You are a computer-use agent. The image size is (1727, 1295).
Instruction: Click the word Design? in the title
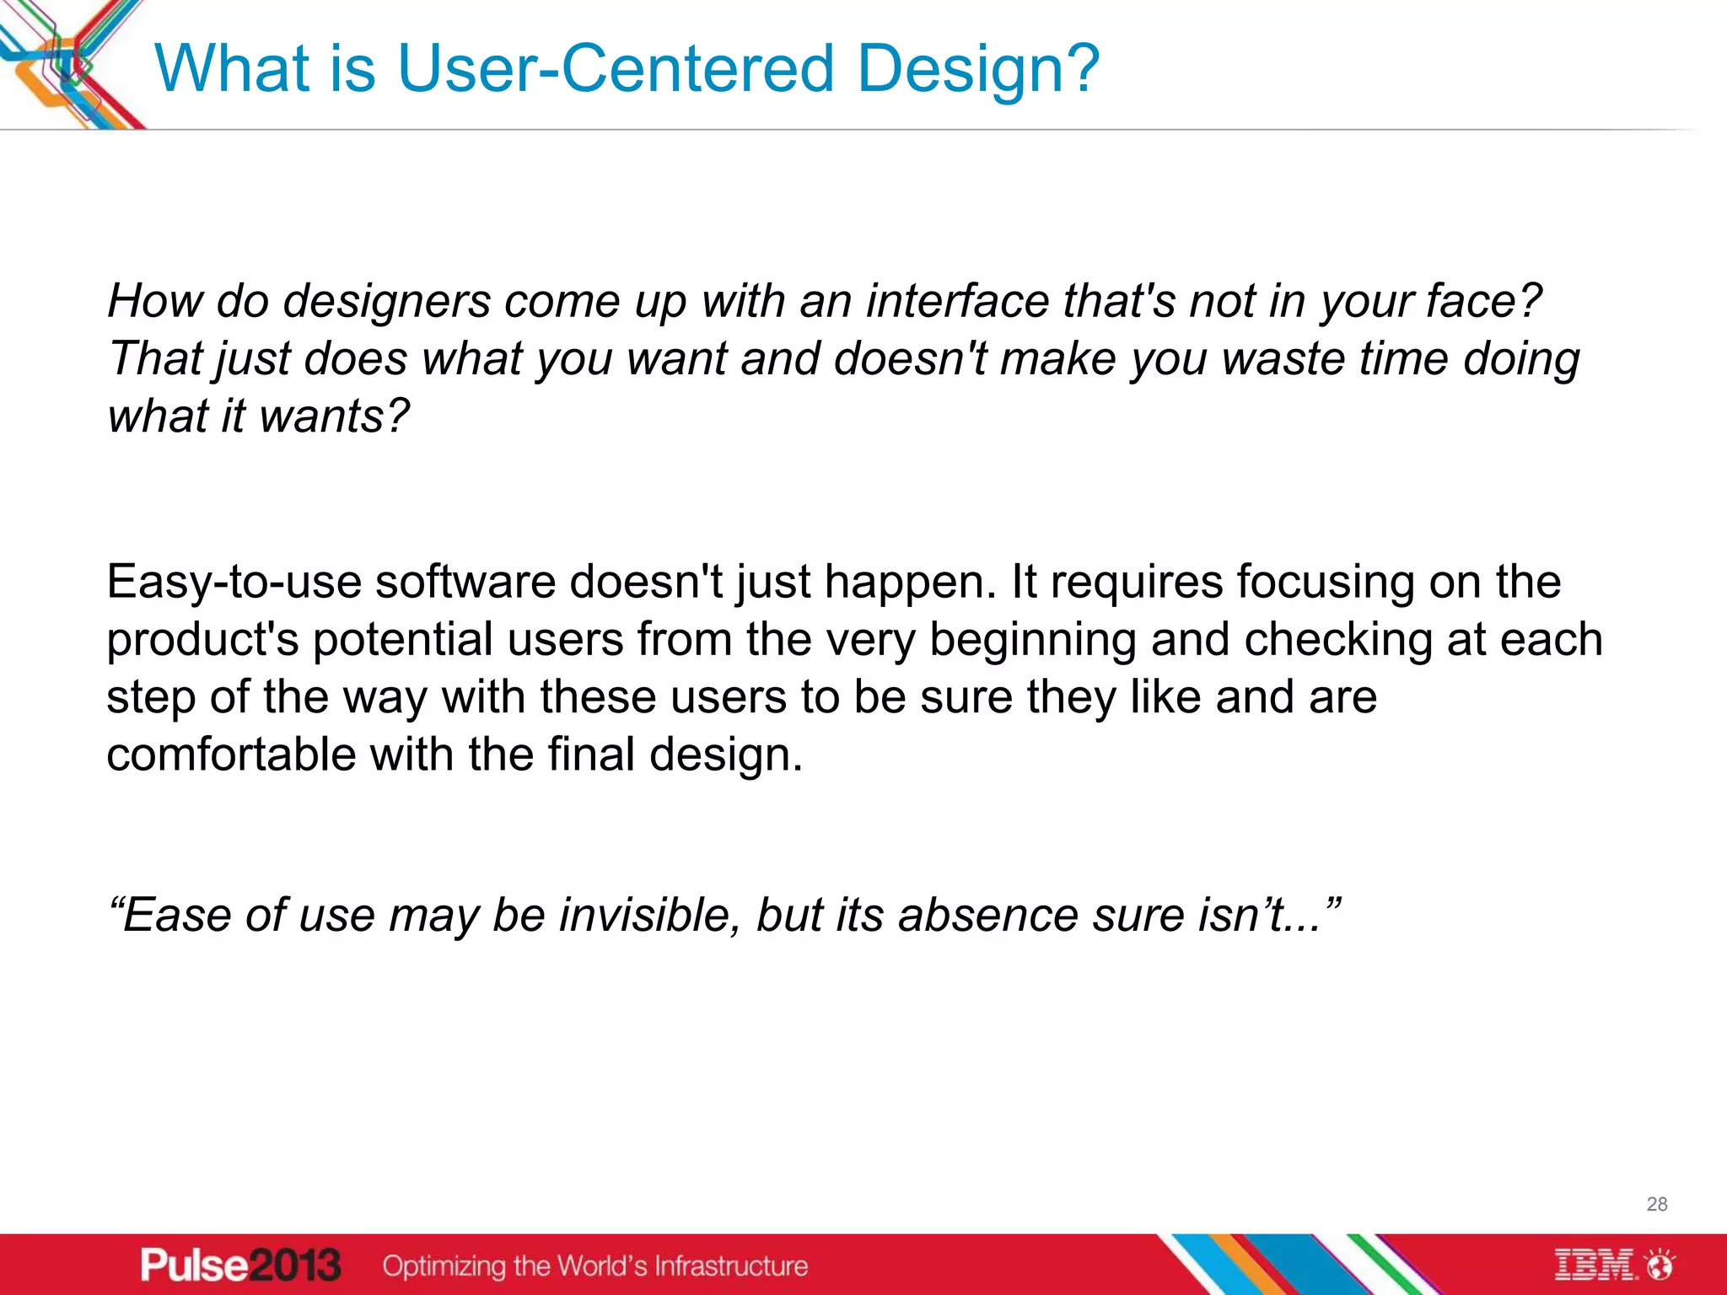[x=978, y=69]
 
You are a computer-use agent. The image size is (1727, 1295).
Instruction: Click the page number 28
[x=1656, y=1204]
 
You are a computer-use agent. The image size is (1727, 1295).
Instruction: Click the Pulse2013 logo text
[x=240, y=1265]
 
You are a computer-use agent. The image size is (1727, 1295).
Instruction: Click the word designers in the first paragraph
[x=386, y=302]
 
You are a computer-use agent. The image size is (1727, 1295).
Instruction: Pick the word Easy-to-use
[x=234, y=583]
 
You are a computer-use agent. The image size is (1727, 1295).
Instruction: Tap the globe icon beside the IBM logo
[x=1660, y=1265]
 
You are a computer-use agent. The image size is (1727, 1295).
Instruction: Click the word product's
[x=202, y=641]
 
